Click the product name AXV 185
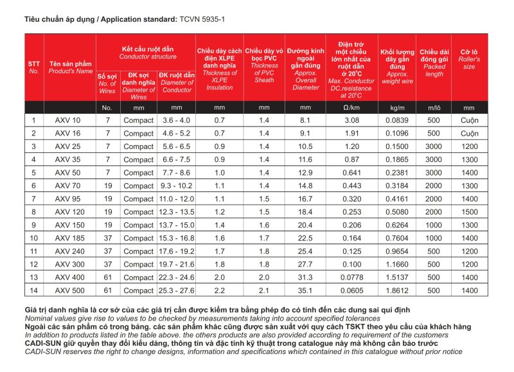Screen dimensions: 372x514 pos(68,238)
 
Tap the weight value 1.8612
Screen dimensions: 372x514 pos(398,290)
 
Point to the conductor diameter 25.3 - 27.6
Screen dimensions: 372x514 pos(177,290)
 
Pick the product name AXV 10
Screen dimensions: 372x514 pos(68,120)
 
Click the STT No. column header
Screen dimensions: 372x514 pos(34,67)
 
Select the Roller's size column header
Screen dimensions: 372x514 pos(469,58)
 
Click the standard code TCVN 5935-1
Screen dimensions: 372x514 pos(202,20)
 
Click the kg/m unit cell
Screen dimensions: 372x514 pos(398,107)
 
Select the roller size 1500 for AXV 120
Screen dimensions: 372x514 pos(469,211)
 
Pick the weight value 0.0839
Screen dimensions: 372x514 pos(398,120)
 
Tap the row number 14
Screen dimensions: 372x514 pos(34,290)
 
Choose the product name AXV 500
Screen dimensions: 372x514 pos(68,290)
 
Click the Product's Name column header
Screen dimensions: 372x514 pos(70,67)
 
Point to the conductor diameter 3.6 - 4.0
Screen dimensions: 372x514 pos(177,120)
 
